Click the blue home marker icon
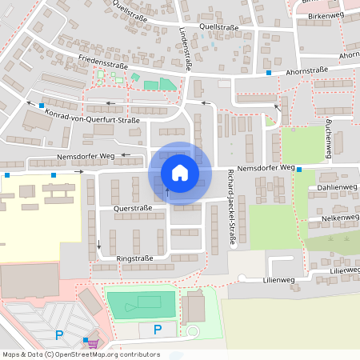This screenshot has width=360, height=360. pos(180,172)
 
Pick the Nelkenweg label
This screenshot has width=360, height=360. pos(339,218)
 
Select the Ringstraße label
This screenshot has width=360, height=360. pos(134,259)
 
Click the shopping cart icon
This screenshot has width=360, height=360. pos(92,343)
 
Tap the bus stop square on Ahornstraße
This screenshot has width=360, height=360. pos(269,73)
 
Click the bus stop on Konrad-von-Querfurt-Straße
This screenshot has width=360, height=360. pos(42,105)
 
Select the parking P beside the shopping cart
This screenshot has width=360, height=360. pos(58,335)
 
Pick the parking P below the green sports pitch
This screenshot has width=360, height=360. pos(158,329)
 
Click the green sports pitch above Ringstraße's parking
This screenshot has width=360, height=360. pos(141,303)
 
